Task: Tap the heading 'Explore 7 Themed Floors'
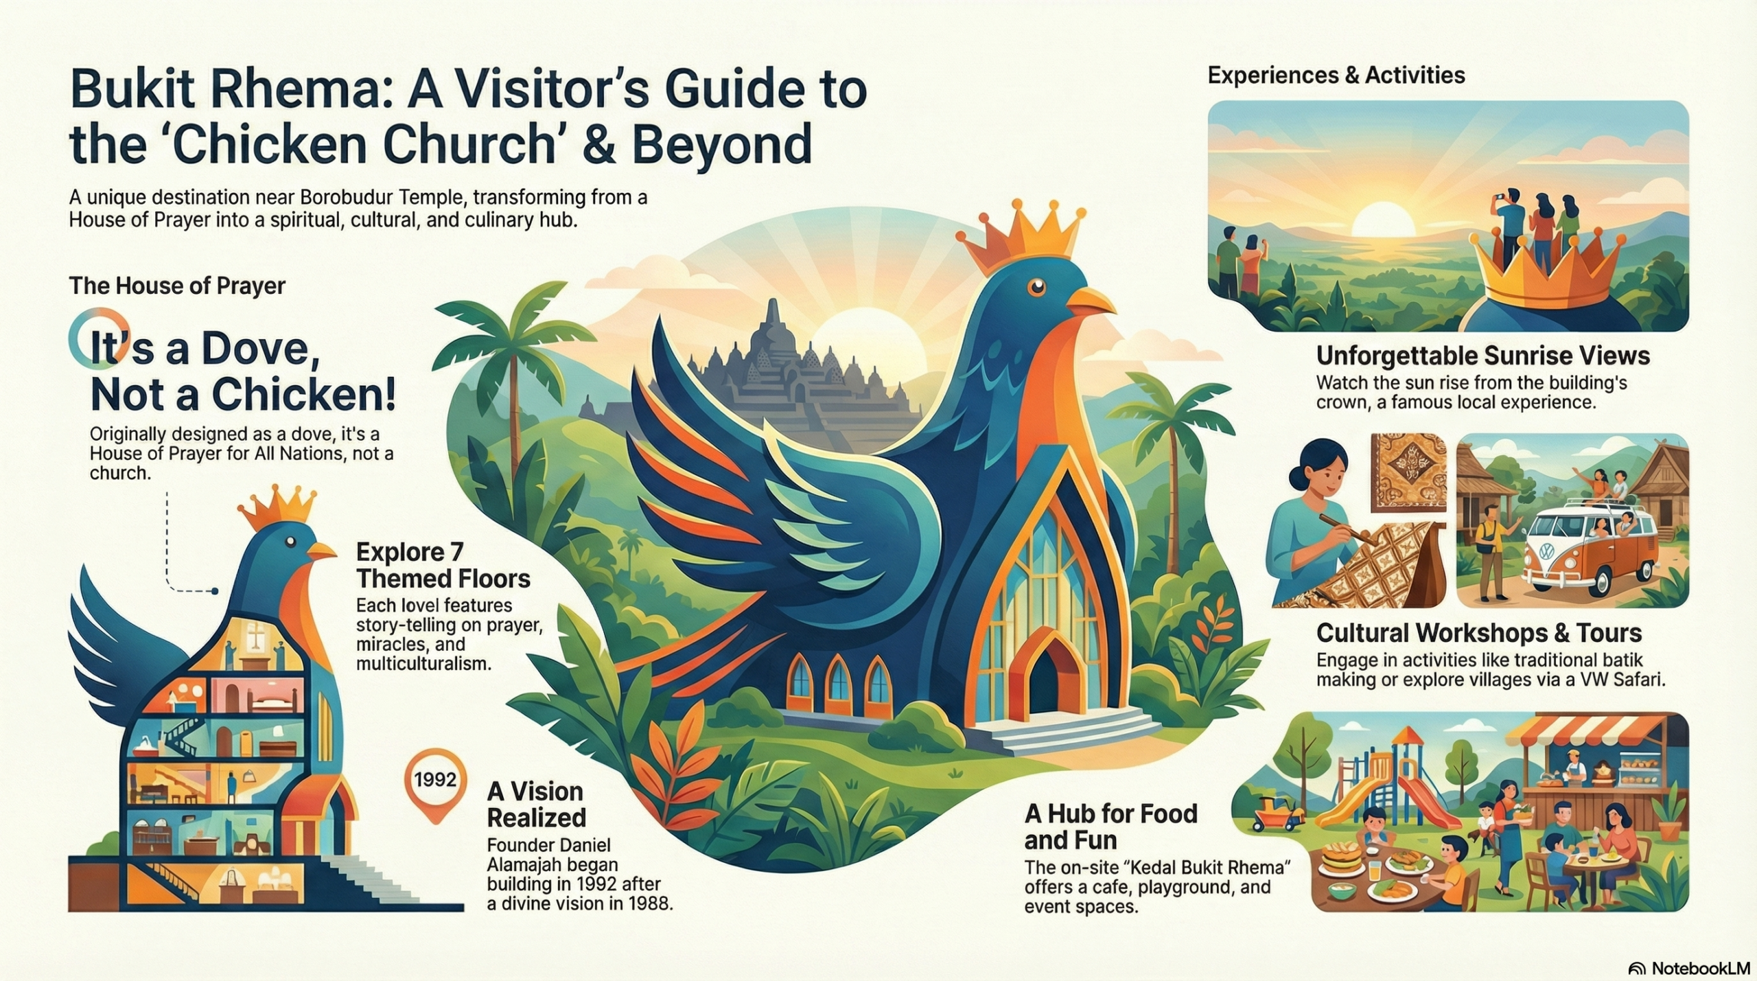tap(443, 566)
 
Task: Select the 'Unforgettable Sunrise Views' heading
tap(1483, 356)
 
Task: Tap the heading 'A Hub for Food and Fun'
tap(1110, 827)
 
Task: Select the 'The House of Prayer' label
tap(177, 286)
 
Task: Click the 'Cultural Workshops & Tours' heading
tap(1478, 632)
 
